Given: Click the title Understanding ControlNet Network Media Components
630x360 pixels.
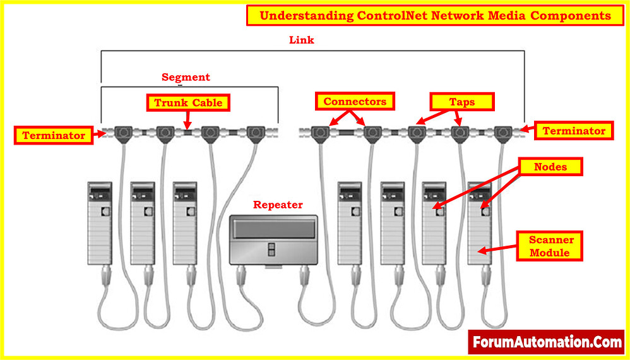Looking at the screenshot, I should point(436,16).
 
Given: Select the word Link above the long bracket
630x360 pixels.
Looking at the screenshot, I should point(301,40).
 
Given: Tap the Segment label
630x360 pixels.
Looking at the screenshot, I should point(186,77).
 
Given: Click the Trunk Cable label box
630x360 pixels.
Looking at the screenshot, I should point(187,102).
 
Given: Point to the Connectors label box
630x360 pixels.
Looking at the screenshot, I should point(354,101).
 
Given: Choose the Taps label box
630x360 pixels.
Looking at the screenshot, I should point(461,102).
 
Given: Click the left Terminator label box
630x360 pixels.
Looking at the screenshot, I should point(54,135).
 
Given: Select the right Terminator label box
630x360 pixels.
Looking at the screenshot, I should point(574,131).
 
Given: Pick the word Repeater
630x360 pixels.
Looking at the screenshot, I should point(278,205).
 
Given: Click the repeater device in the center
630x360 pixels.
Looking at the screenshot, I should point(274,240).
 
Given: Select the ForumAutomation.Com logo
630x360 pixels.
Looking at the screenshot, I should point(547,342).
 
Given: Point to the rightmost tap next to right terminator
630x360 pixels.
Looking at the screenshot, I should point(502,133).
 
